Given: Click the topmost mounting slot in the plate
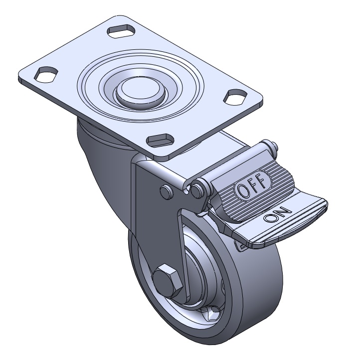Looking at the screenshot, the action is [121, 31].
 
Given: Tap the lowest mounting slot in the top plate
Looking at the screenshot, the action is [160, 140].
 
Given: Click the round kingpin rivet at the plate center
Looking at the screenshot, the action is [141, 91].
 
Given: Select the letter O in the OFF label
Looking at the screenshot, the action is [243, 190].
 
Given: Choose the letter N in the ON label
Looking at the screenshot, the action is [285, 211].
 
